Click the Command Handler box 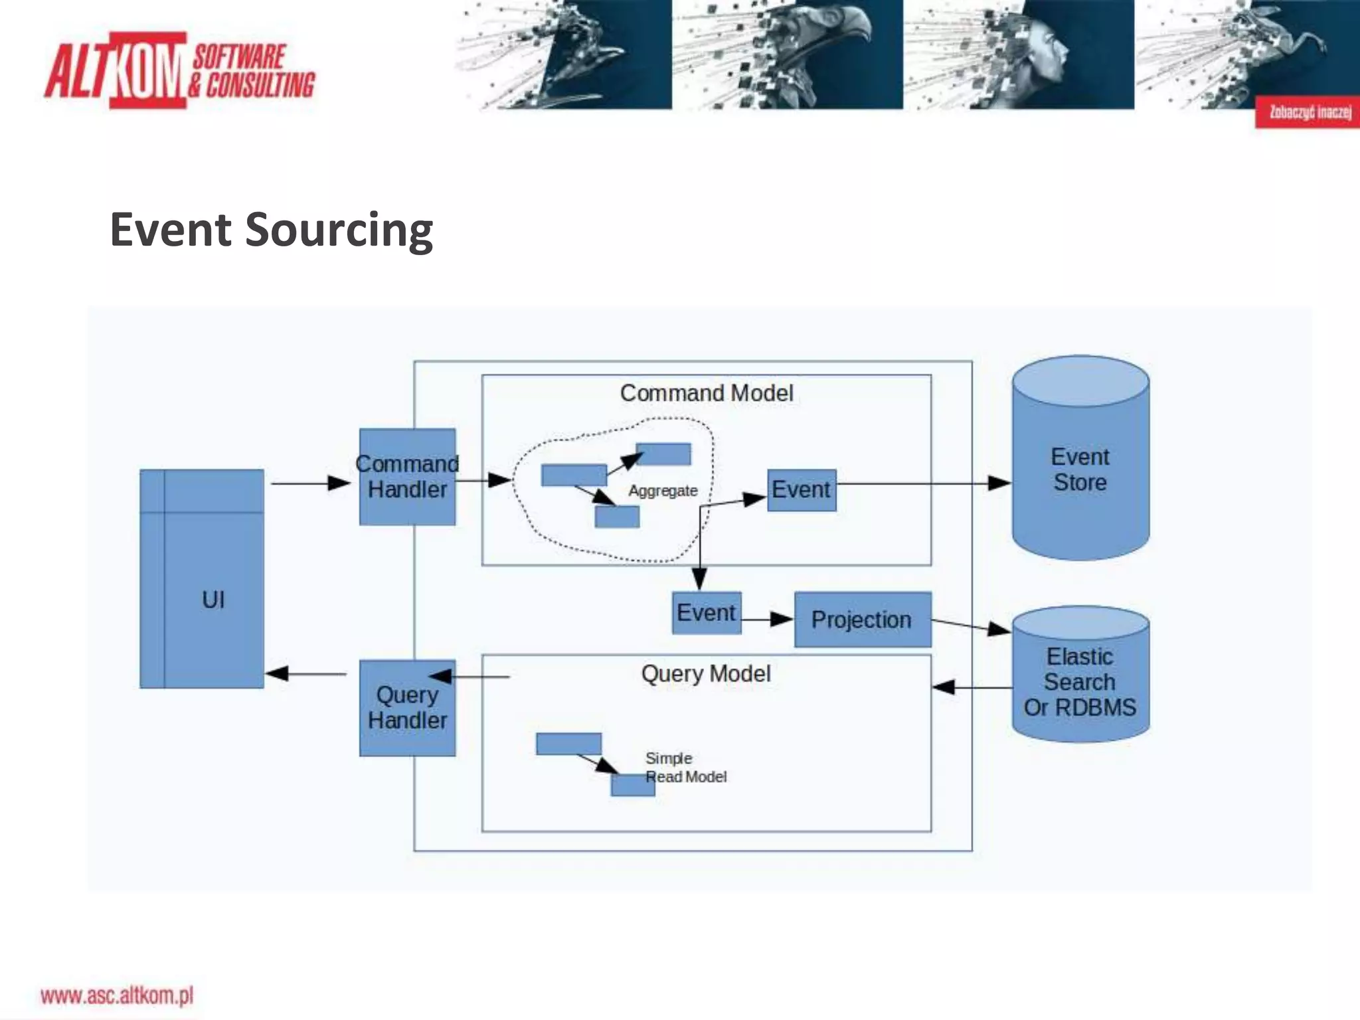(x=407, y=477)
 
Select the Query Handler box (x=407, y=708)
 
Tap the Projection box (x=862, y=620)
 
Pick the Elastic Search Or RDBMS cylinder (x=1080, y=682)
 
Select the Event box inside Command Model (x=801, y=490)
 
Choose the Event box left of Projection (x=706, y=612)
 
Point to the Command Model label (x=707, y=393)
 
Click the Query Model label (x=706, y=674)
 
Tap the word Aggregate (x=663, y=491)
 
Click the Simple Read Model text (x=685, y=768)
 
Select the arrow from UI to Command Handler (x=309, y=483)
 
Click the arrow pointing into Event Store (x=923, y=483)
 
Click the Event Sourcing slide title (x=271, y=230)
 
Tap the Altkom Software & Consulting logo (x=179, y=70)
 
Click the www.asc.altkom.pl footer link (x=117, y=995)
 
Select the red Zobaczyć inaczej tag (x=1307, y=112)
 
